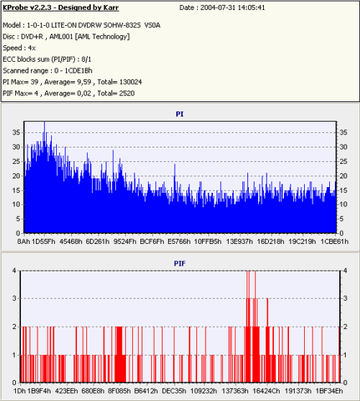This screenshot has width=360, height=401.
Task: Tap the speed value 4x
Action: click(x=32, y=48)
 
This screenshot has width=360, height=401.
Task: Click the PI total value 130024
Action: click(x=130, y=82)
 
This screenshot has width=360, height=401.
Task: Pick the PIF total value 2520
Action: click(x=127, y=94)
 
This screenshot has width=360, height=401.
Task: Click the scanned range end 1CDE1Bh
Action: click(x=79, y=70)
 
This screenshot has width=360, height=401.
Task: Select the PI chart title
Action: click(x=180, y=114)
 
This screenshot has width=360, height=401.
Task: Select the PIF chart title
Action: click(x=180, y=263)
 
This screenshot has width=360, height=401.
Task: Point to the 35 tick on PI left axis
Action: click(x=16, y=133)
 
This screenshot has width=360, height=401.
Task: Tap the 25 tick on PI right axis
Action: click(x=343, y=161)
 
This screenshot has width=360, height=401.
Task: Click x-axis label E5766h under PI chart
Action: click(x=179, y=241)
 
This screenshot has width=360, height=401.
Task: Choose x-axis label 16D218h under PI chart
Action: click(x=271, y=241)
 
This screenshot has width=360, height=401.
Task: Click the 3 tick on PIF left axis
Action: click(x=14, y=298)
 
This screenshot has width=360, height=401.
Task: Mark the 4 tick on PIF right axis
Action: click(x=345, y=271)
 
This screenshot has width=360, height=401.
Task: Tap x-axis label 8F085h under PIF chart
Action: click(x=119, y=391)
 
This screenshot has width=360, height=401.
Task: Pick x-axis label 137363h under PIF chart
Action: click(x=235, y=391)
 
